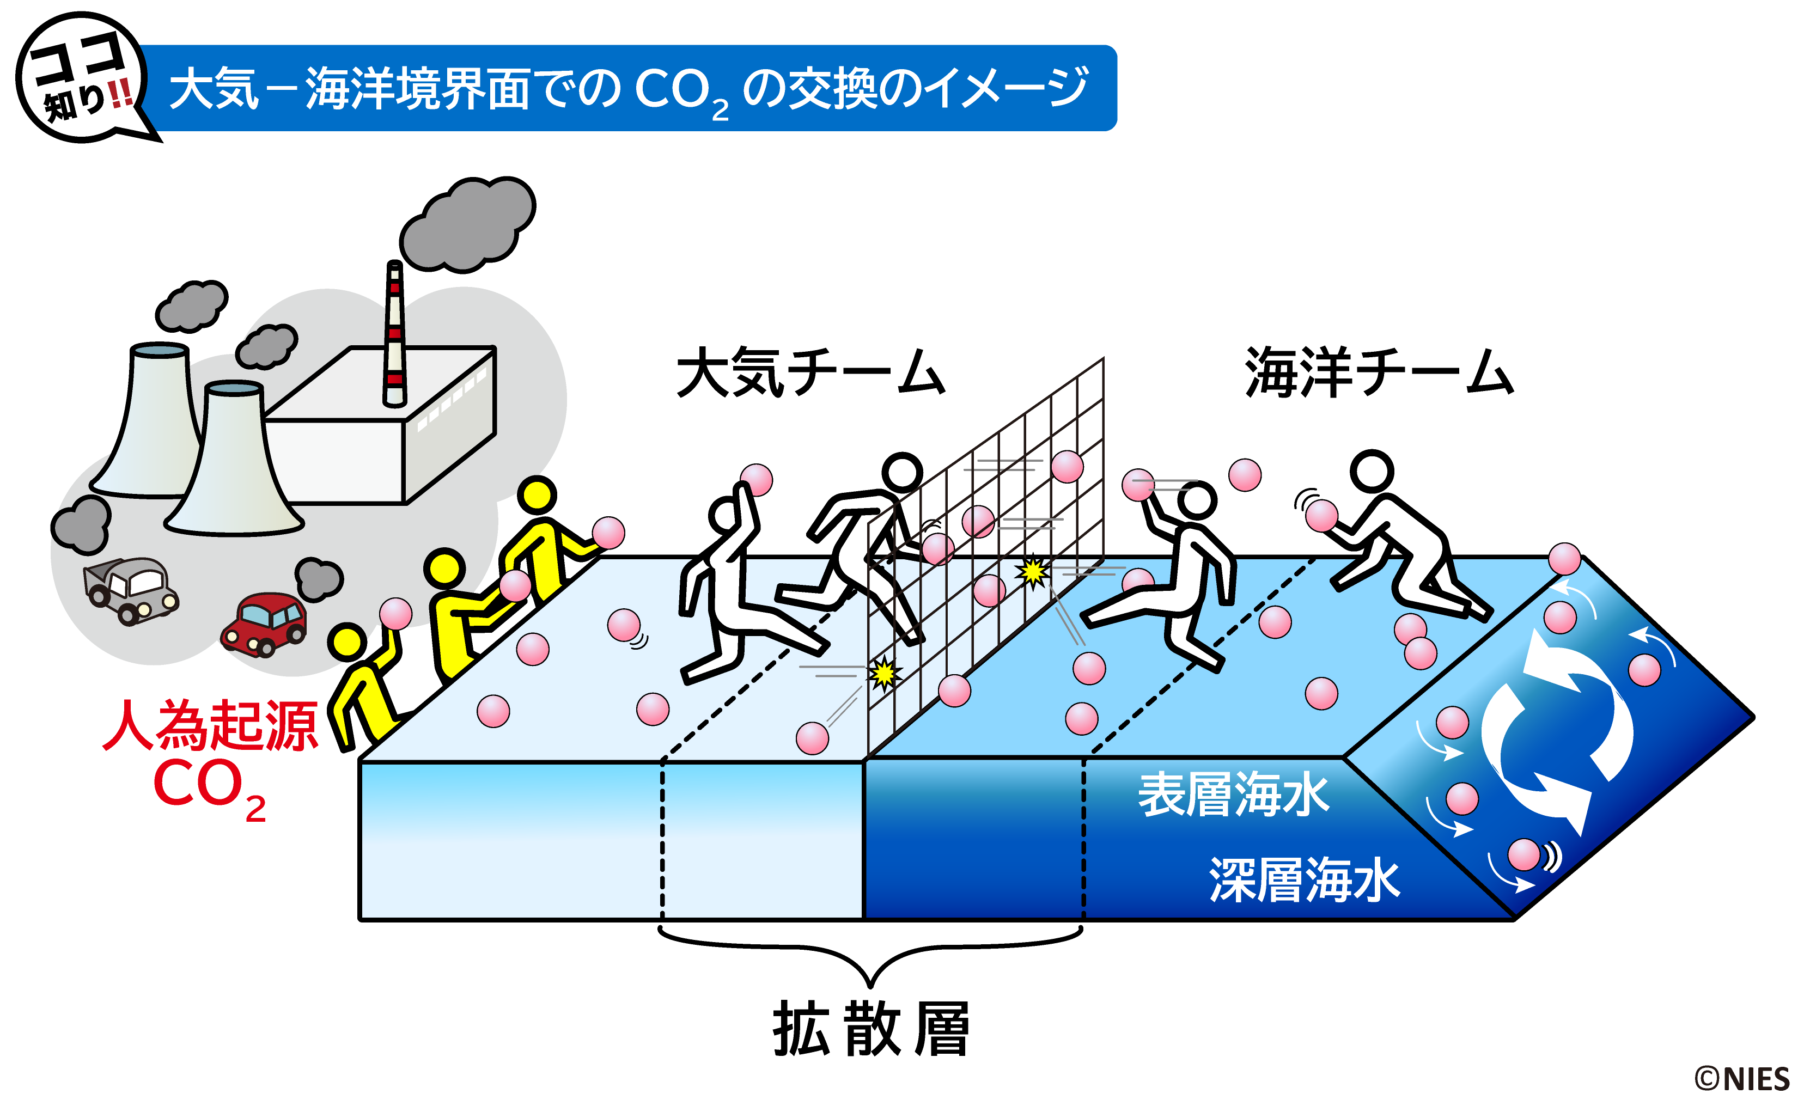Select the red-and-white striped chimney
pos(395,335)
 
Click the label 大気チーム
pos(810,374)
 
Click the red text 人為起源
pos(211,726)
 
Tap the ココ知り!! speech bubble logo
pos(83,78)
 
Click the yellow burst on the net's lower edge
pos(883,673)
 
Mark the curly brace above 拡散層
pos(870,954)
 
